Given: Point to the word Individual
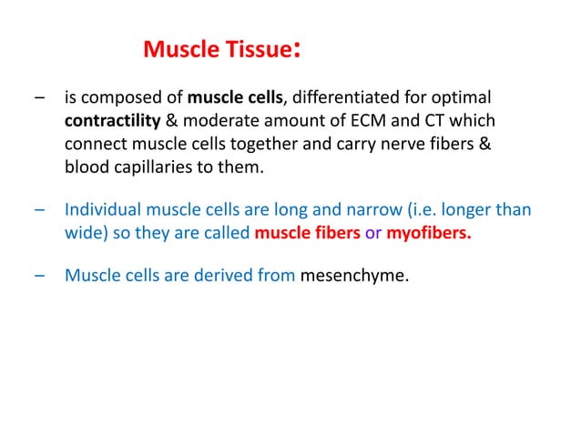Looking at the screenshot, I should [x=102, y=211].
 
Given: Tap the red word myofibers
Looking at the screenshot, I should [x=428, y=235].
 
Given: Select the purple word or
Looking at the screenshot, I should [x=373, y=235].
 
